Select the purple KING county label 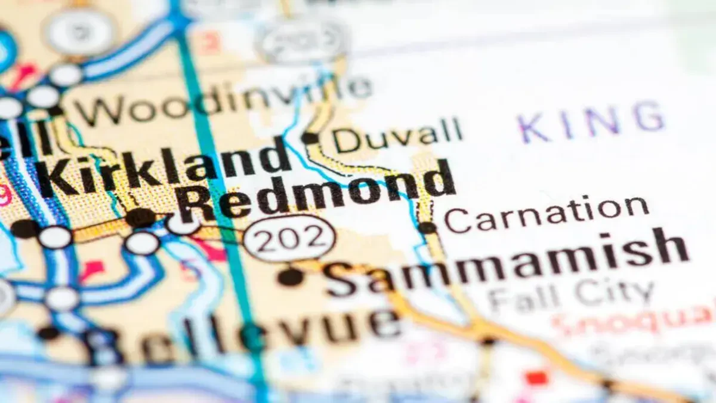591,119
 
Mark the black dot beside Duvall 310,138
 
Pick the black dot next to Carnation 427,227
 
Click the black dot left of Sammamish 291,276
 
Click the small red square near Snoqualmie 537,377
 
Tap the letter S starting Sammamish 341,278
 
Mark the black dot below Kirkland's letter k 141,217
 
